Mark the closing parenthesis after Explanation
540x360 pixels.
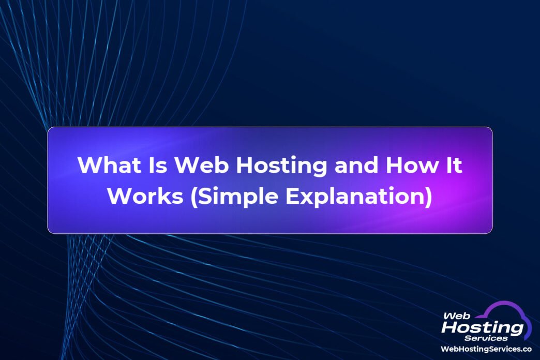pyautogui.click(x=428, y=197)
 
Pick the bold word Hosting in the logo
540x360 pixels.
pyautogui.click(x=483, y=327)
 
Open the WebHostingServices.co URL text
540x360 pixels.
pyautogui.click(x=486, y=350)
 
